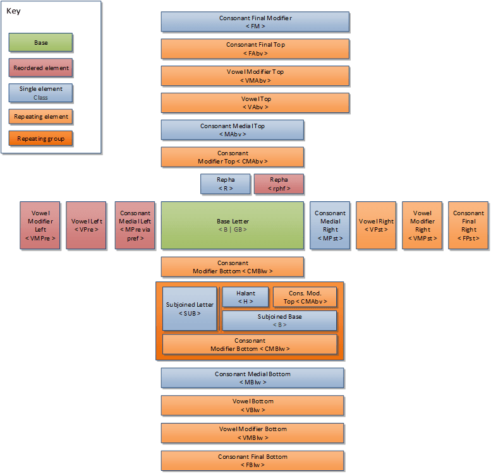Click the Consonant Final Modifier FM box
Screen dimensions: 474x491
[255, 22]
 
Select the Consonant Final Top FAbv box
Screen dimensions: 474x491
[255, 49]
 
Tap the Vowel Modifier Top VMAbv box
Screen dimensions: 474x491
[255, 76]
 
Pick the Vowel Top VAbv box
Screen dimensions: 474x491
[255, 102]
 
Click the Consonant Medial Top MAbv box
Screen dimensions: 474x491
[233, 129]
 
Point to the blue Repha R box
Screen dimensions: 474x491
[226, 184]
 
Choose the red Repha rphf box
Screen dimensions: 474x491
[279, 184]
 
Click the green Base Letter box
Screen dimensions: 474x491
[233, 225]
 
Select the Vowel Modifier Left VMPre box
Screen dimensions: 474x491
[40, 225]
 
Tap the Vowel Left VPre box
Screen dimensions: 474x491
[87, 225]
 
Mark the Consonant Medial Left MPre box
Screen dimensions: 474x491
[135, 225]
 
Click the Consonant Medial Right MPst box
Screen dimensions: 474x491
[330, 225]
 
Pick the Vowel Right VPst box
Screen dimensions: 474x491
[376, 225]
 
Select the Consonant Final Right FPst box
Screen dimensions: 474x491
[468, 225]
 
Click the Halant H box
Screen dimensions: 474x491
[246, 297]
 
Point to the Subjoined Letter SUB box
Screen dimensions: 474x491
[190, 309]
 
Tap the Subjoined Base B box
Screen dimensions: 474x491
[279, 321]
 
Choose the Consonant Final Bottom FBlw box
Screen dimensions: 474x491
[253, 460]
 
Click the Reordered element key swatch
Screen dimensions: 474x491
[40, 68]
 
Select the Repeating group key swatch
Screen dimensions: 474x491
[40, 138]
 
